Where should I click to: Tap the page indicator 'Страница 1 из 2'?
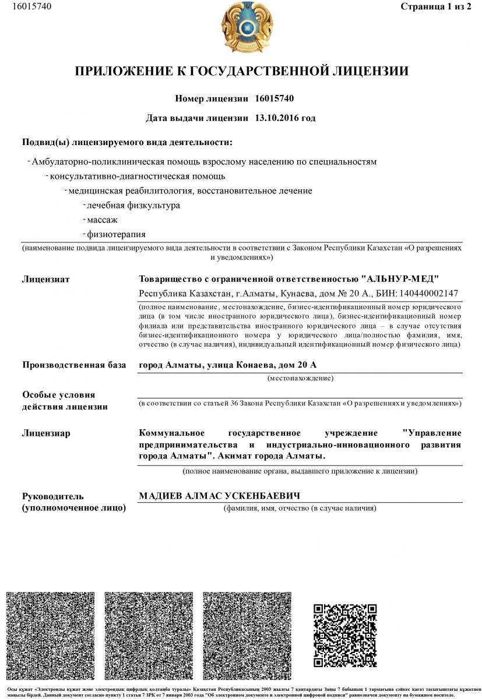[436, 6]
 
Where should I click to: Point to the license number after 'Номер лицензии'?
[279, 98]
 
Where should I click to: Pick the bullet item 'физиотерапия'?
[116, 235]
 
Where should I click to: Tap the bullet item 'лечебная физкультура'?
[133, 206]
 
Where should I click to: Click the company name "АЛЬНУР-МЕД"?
[400, 279]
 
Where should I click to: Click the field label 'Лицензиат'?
[46, 280]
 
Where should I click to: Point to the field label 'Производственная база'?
[74, 366]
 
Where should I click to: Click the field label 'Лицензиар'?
[46, 433]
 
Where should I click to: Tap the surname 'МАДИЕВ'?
[161, 496]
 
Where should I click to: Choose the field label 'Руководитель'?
[53, 497]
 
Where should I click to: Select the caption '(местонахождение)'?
[300, 379]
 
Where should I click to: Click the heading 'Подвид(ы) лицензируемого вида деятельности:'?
[126, 143]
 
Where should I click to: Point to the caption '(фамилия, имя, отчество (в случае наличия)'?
[300, 509]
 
